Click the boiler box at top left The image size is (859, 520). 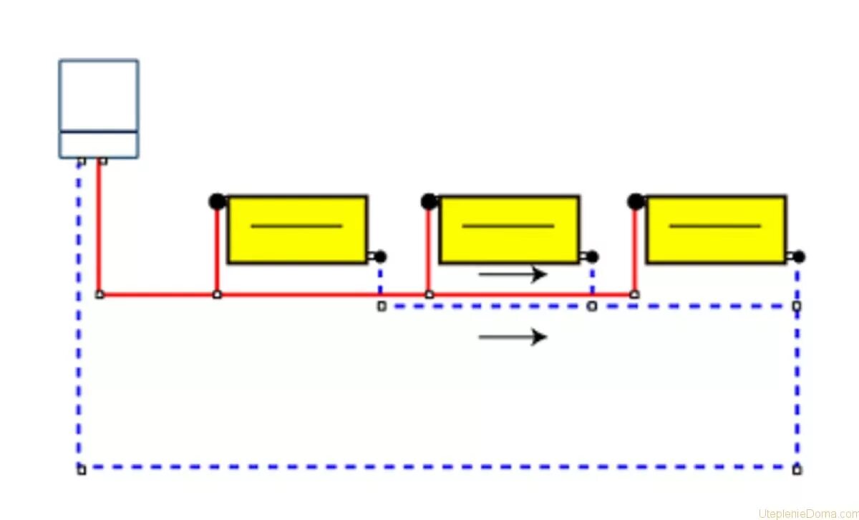click(x=99, y=108)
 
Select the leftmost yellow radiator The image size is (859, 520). click(x=297, y=229)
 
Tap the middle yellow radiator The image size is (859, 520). click(x=508, y=229)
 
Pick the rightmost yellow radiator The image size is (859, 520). click(x=716, y=229)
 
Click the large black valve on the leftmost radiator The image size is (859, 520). click(x=217, y=201)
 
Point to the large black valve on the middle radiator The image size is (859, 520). click(x=429, y=201)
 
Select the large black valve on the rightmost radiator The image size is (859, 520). click(x=635, y=201)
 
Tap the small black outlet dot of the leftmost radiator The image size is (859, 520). click(x=380, y=256)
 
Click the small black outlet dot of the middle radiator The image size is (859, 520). click(x=592, y=256)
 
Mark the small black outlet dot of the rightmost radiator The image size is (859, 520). click(x=799, y=256)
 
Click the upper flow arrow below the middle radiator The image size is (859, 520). click(x=513, y=274)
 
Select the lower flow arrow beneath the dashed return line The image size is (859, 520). click(x=513, y=337)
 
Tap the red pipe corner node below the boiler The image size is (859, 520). click(x=100, y=294)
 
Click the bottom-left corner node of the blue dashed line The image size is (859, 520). click(x=81, y=470)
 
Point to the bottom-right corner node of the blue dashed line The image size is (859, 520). click(x=797, y=470)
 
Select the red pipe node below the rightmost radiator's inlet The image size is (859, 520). click(x=634, y=294)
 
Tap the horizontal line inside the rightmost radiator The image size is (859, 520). click(x=715, y=226)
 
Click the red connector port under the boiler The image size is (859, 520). click(x=103, y=161)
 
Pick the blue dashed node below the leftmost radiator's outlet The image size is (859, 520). click(x=382, y=307)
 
